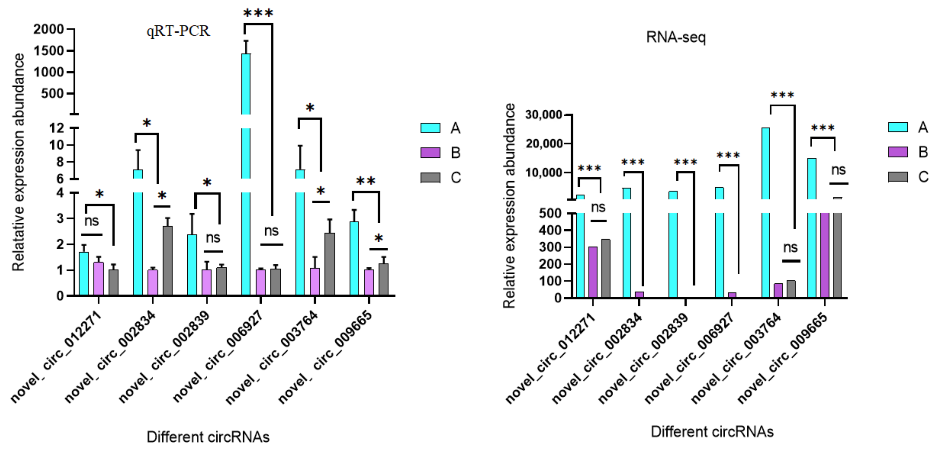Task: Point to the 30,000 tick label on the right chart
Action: (543, 115)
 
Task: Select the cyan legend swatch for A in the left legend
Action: (430, 128)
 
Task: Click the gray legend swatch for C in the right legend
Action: (897, 177)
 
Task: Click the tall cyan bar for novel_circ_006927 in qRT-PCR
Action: (246, 164)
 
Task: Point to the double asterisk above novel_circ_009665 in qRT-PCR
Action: (366, 181)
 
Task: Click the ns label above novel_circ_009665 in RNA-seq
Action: (838, 170)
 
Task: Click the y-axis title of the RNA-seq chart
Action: (509, 206)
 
